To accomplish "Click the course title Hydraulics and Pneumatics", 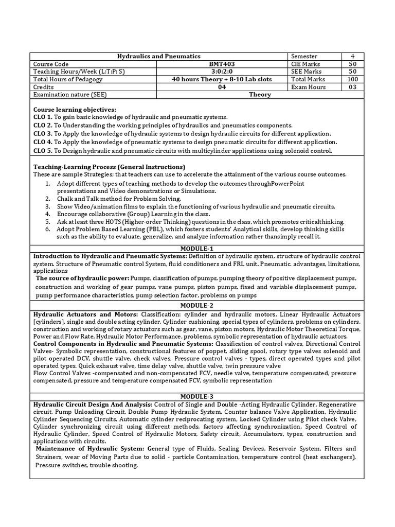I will click(159, 56).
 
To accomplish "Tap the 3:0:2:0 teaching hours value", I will click(221, 72).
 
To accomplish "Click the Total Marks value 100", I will click(352, 79).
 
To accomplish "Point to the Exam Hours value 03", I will click(352, 87).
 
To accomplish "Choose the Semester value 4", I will click(352, 56).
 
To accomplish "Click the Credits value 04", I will click(221, 87).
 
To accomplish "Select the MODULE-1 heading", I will click(197, 249).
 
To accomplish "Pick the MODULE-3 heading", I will click(197, 396).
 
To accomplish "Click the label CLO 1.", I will click(43, 117).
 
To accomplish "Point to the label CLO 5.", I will click(43, 150).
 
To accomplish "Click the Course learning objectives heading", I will click(75, 110).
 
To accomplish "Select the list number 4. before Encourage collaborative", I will click(47, 213).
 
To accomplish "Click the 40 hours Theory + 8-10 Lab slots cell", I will click(221, 79).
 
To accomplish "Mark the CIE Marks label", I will click(306, 64).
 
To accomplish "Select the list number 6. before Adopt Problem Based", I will click(47, 229).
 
